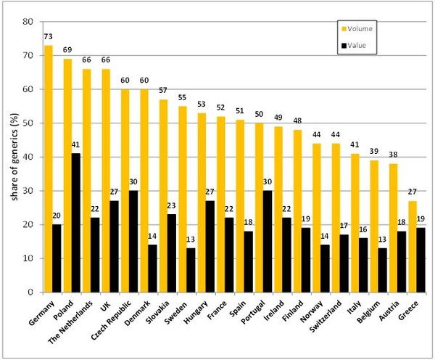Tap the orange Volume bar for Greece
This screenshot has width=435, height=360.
pyautogui.click(x=411, y=246)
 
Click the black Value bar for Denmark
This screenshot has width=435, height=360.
pyautogui.click(x=152, y=268)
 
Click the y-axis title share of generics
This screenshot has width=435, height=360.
pyautogui.click(x=11, y=155)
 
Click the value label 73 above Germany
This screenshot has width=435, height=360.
pyautogui.click(x=49, y=36)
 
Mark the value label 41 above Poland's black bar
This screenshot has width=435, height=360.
pyautogui.click(x=75, y=145)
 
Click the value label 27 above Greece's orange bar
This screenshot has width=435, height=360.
pyautogui.click(x=411, y=192)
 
